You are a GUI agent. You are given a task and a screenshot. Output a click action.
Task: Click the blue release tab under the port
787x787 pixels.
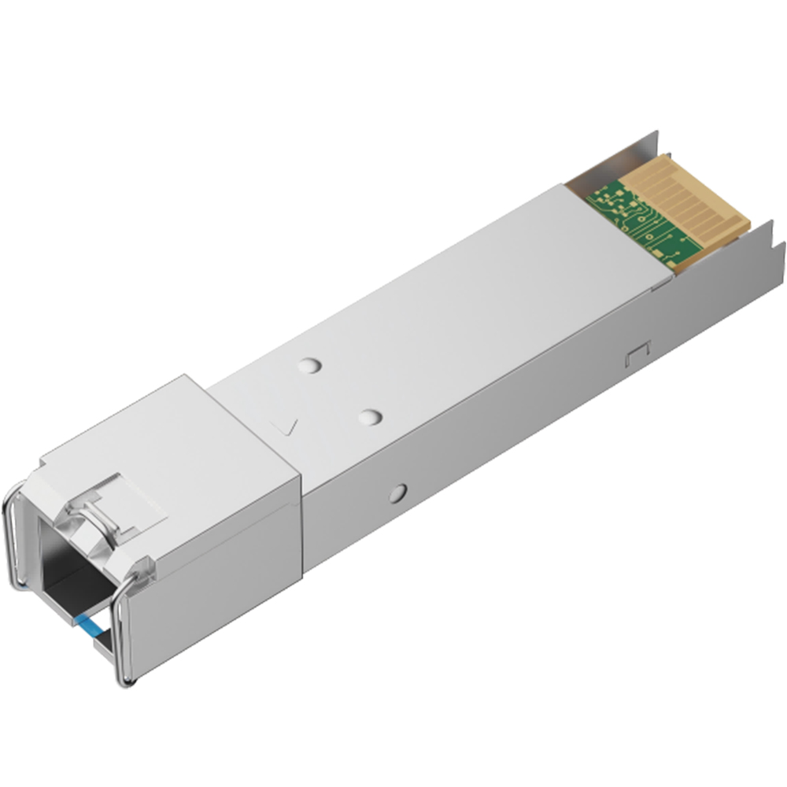tap(90, 626)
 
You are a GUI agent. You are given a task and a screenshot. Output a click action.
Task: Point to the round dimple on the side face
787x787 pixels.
tap(398, 493)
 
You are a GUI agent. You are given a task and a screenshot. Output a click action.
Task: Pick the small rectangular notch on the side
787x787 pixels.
tap(636, 356)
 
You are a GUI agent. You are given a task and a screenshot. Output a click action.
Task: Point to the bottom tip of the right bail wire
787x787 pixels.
tap(126, 678)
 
